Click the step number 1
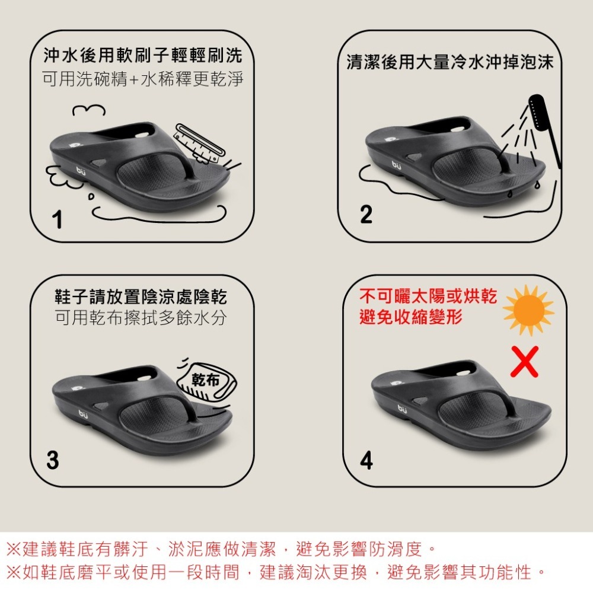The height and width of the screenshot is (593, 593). tap(57, 221)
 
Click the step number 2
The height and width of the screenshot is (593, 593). tap(366, 214)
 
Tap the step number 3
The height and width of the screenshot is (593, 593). tap(53, 460)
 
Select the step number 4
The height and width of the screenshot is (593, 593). tap(366, 460)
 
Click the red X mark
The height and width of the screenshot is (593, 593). tap(524, 361)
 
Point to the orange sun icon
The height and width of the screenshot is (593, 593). tap(528, 310)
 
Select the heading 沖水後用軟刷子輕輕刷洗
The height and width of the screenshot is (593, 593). tap(143, 56)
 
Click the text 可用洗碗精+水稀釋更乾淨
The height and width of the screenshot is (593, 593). tap(143, 79)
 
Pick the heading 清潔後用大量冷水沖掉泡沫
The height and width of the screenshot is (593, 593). tap(450, 63)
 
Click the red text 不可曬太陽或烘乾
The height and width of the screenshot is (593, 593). tap(428, 296)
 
